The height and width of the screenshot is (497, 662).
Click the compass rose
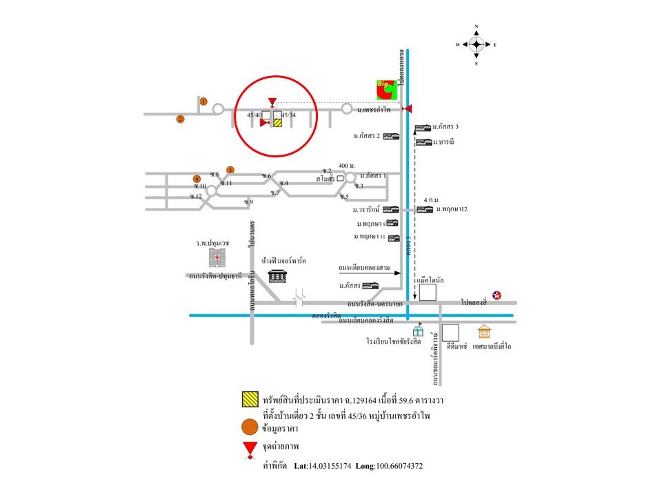[x=477, y=45]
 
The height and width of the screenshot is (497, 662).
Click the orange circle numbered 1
[x=203, y=101]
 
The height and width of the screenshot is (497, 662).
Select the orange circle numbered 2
[x=181, y=119]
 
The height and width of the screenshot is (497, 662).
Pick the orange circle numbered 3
[x=231, y=170]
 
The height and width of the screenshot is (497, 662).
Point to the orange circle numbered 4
[x=197, y=179]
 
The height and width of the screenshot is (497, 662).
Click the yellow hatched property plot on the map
[x=278, y=123]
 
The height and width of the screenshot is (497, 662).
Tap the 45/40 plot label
[x=254, y=115]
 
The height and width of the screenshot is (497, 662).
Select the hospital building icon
[x=217, y=259]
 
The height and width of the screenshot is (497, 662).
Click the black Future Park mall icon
[x=278, y=275]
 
